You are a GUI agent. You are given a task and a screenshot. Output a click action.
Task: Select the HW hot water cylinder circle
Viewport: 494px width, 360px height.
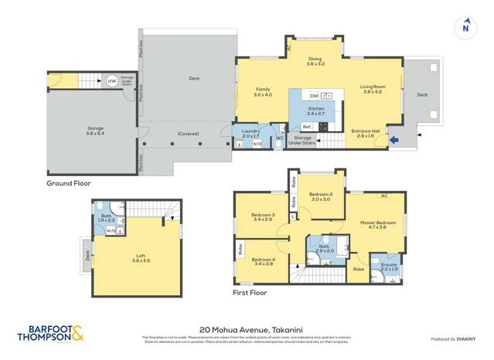[x=112, y=80]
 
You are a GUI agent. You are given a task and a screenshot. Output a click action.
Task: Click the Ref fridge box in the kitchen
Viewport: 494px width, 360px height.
[x=306, y=126]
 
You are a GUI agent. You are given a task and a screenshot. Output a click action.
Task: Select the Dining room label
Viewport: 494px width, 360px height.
[x=315, y=61]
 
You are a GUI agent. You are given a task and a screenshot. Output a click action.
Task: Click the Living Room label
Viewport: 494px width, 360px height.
[x=372, y=88]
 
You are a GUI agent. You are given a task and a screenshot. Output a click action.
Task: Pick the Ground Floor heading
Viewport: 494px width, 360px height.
[x=69, y=183]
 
